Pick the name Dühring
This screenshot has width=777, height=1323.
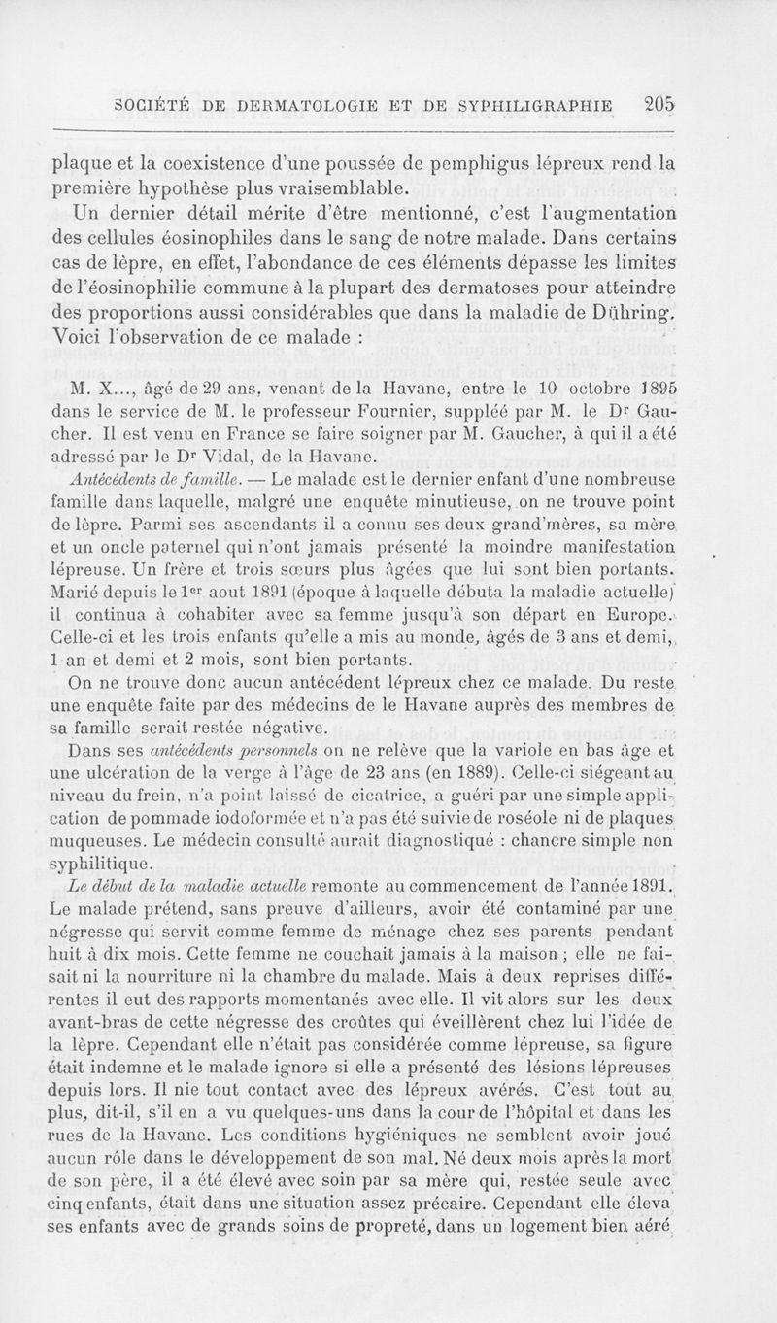point(631,310)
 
